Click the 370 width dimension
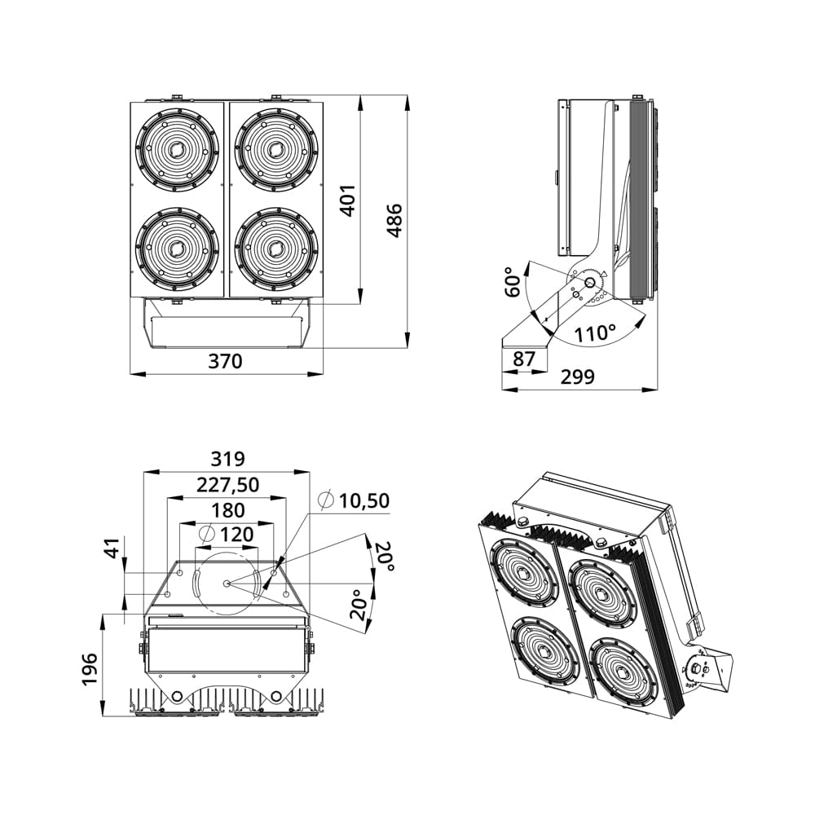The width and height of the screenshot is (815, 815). click(x=225, y=361)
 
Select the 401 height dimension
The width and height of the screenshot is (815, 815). click(x=347, y=200)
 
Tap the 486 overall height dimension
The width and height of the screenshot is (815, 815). click(x=394, y=221)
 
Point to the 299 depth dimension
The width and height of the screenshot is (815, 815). click(x=577, y=377)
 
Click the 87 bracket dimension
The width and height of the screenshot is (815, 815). click(x=523, y=359)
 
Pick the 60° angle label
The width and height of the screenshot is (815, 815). click(x=513, y=282)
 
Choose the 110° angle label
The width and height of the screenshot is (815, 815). click(x=595, y=333)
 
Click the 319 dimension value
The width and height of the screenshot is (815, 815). click(x=227, y=459)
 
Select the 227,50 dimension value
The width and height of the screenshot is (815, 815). click(x=227, y=485)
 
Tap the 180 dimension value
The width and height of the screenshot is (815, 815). click(x=228, y=510)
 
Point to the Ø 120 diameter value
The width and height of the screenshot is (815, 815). click(x=227, y=534)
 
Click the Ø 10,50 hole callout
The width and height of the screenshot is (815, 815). click(x=354, y=500)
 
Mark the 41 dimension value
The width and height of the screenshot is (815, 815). click(x=112, y=548)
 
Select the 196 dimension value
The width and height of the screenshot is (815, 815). click(x=90, y=669)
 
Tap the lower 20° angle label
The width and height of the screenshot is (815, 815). click(x=358, y=605)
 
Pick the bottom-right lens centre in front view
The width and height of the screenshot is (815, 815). click(x=276, y=249)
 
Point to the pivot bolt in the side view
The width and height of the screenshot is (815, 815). click(x=590, y=282)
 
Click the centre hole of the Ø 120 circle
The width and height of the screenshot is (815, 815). click(x=227, y=584)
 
